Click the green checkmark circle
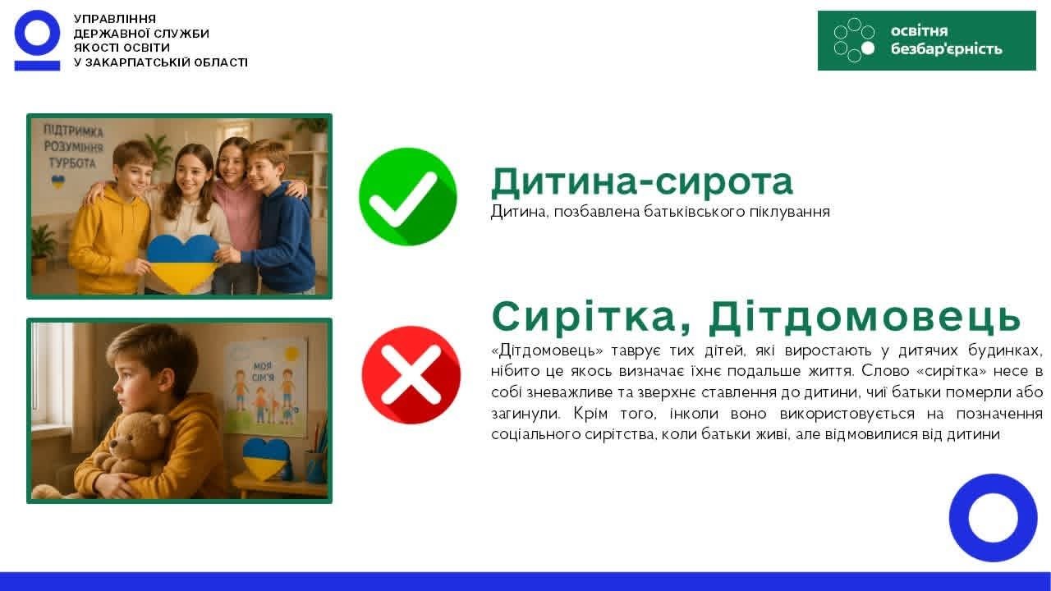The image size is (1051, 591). pyautogui.click(x=408, y=196)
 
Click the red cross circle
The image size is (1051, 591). pyautogui.click(x=411, y=375)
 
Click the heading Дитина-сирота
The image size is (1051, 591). pyautogui.click(x=642, y=182)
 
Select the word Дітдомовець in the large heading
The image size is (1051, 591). pyautogui.click(x=865, y=317)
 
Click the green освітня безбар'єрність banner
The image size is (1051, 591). pyautogui.click(x=927, y=41)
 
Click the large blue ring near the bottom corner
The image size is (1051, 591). pyautogui.click(x=993, y=517)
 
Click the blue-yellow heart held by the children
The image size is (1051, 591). pyautogui.click(x=182, y=262)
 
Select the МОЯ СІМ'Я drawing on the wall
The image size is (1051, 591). pyautogui.click(x=264, y=386)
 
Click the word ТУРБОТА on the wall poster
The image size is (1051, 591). pyautogui.click(x=72, y=163)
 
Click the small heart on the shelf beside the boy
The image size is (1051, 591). pyautogui.click(x=266, y=458)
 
